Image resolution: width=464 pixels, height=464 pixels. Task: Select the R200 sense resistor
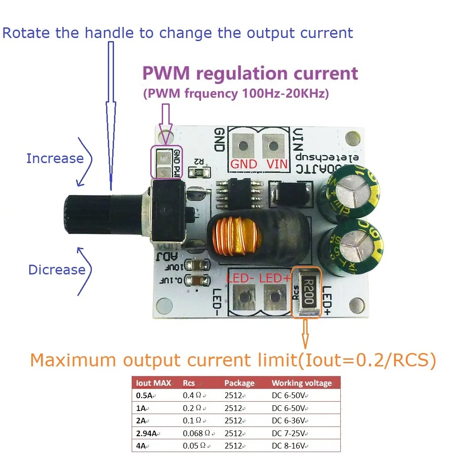tap(308, 293)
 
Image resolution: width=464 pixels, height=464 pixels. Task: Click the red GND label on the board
tap(244, 164)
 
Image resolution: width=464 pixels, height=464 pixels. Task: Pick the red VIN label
tap(277, 164)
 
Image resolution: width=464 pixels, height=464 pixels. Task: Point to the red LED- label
tap(241, 278)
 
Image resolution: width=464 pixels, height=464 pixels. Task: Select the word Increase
tap(55, 158)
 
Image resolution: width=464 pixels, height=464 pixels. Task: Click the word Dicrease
tap(57, 270)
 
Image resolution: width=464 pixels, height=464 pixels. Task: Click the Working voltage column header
tap(301, 383)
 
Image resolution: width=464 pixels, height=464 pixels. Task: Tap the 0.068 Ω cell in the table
tap(195, 433)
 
